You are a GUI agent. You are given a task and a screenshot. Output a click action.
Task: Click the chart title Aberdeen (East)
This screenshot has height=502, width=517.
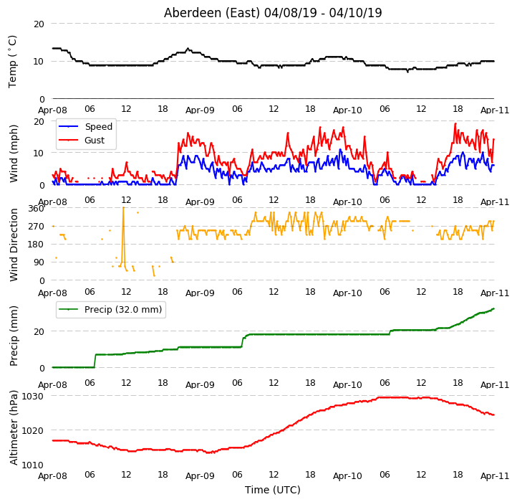click(212, 13)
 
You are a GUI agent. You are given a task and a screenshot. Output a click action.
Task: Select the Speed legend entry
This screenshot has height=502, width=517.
click(86, 126)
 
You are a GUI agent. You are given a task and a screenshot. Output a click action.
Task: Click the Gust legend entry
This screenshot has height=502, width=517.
click(82, 140)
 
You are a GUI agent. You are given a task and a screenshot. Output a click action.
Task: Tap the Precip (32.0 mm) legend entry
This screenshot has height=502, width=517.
click(110, 310)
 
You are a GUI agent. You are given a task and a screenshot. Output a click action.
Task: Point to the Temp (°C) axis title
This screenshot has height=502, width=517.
click(12, 62)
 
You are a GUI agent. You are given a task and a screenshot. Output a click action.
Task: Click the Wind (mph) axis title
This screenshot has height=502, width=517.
click(14, 153)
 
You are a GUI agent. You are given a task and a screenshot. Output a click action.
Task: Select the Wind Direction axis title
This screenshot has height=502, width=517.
click(14, 245)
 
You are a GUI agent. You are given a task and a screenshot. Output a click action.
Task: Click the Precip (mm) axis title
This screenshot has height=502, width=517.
click(14, 336)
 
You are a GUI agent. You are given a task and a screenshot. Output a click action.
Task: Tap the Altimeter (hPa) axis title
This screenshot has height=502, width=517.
click(14, 427)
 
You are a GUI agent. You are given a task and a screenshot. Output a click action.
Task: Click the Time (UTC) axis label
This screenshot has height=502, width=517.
click(273, 490)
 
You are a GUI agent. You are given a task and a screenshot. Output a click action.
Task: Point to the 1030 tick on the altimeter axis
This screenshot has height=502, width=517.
click(33, 397)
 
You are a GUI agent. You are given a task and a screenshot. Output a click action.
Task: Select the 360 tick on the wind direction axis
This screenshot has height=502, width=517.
click(36, 209)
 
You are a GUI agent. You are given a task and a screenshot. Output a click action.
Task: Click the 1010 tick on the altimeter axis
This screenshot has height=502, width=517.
click(33, 465)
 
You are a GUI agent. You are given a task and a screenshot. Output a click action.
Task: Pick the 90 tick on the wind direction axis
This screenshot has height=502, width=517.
click(39, 262)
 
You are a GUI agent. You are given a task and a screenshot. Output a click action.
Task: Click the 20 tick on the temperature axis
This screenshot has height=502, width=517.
click(39, 24)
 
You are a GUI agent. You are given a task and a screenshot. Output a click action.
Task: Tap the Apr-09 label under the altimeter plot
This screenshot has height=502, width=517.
click(200, 476)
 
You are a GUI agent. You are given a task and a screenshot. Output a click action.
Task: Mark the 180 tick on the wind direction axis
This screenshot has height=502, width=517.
click(36, 245)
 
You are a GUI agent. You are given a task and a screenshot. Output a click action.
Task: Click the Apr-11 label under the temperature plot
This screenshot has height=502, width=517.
click(495, 110)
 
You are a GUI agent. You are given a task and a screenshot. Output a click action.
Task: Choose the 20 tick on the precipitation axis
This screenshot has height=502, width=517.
click(39, 331)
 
